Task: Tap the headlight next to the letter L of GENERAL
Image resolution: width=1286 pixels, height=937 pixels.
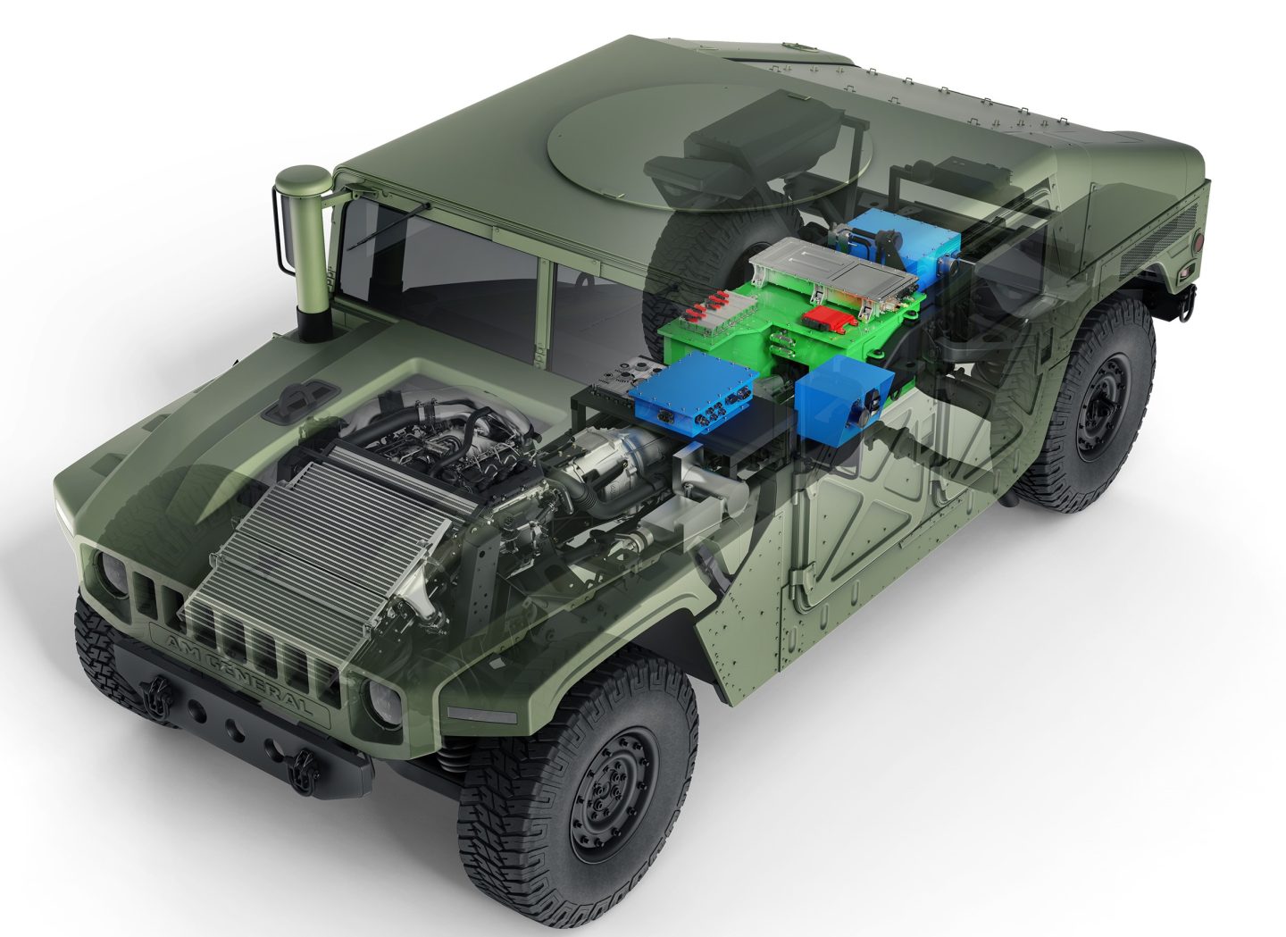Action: [386, 699]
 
